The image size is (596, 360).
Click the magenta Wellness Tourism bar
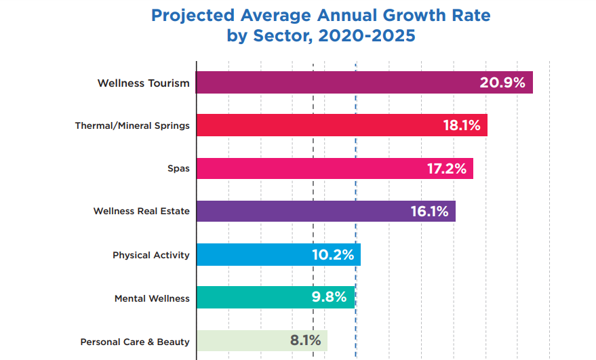[332, 83]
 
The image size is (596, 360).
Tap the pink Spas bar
[305, 169]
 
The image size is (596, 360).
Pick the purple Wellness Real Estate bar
[298, 212]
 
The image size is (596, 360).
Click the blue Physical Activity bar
[251, 255]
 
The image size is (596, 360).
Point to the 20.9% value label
[502, 83]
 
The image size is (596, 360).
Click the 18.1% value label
[462, 125]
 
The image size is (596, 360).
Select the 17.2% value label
[446, 169]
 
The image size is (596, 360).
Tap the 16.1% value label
[429, 212]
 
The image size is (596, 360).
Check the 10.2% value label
[334, 255]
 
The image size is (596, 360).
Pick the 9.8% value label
[328, 298]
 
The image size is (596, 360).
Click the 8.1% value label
[305, 340]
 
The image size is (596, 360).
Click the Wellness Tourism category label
[143, 83]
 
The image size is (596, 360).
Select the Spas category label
[178, 169]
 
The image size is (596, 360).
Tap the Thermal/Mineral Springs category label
[132, 126]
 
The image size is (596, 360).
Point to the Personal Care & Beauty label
[135, 342]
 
